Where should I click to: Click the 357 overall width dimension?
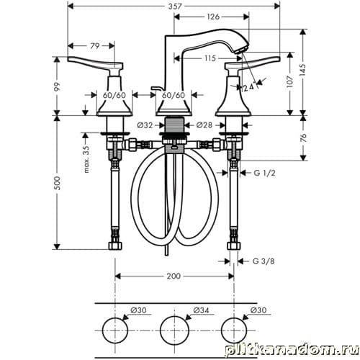174,6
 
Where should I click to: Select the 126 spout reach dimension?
213,17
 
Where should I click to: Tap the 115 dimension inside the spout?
210,58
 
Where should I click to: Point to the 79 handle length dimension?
94,45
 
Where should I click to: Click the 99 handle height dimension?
57,87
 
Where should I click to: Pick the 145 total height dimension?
303,70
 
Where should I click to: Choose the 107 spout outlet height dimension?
290,81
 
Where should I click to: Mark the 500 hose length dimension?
57,183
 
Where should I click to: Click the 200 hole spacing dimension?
174,276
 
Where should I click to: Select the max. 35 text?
86,159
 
